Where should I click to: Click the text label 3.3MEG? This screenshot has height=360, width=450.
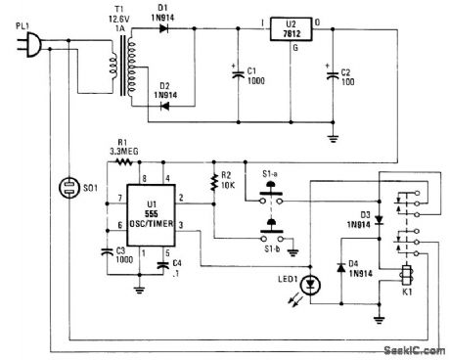click(121, 152)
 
